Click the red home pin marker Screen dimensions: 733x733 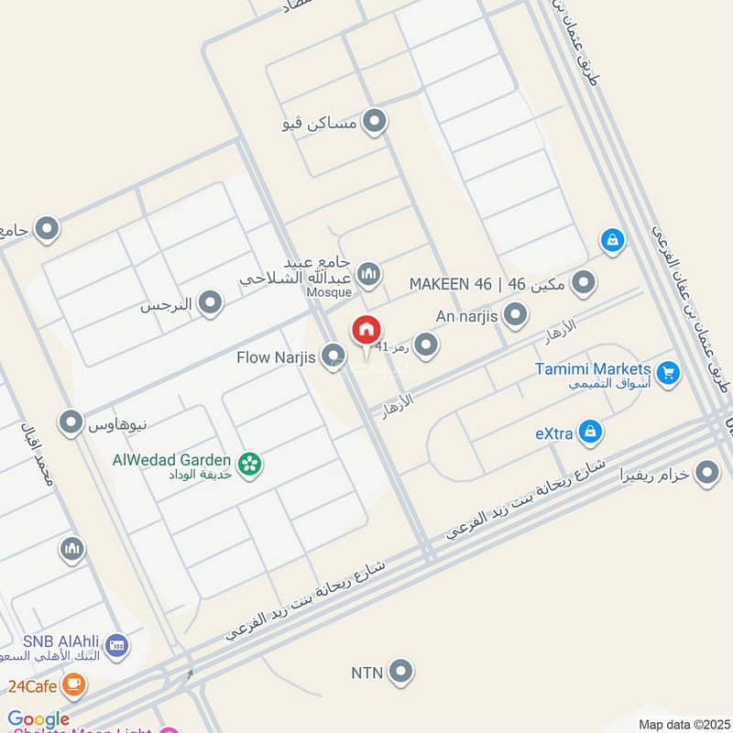pos(366,330)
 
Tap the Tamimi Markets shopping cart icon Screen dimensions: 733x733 pos(669,372)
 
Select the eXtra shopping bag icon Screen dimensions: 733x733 pos(591,430)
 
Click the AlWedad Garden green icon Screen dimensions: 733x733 pos(248,465)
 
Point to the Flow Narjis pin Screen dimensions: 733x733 pos(334,356)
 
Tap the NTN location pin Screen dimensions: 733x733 pos(399,673)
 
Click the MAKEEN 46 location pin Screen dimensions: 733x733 pos(583,284)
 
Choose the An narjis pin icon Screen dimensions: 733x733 pos(516,316)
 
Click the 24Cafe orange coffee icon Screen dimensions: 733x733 pos(74,684)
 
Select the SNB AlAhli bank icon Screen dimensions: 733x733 pos(116,645)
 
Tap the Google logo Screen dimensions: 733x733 pos(38,720)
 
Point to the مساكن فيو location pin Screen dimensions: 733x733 pos(374,121)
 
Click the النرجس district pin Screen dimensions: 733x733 pos(212,302)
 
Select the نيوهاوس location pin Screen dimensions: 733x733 pos(71,422)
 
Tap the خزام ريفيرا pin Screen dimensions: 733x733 pos(706,474)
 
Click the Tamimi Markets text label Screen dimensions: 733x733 pos(593,368)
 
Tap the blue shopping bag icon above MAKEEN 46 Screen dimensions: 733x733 pos(612,241)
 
